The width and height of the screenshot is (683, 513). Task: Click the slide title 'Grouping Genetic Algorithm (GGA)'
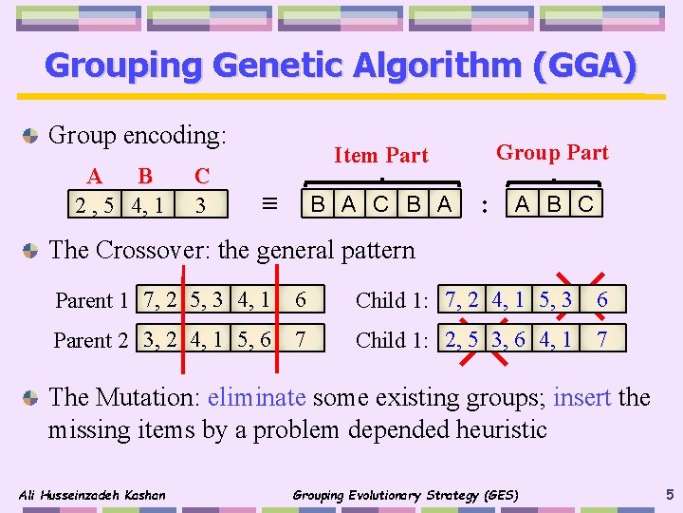341,66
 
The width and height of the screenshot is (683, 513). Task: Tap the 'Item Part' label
381,155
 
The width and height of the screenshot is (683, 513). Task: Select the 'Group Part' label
552,152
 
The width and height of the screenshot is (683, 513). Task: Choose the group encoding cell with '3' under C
200,204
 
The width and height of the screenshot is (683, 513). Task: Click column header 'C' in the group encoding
201,176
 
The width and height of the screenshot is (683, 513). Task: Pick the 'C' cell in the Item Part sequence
380,203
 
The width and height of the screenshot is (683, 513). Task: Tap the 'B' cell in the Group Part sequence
554,203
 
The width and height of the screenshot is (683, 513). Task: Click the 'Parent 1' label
91,300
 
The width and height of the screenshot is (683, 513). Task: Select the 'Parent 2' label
91,340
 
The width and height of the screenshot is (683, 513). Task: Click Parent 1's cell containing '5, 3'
208,299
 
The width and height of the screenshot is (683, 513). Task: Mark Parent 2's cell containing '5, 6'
251,339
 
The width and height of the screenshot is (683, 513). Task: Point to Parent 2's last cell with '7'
300,339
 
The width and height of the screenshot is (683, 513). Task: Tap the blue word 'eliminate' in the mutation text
256,396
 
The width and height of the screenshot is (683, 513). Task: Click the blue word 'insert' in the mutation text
581,396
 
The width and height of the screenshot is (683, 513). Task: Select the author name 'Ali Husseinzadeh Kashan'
92,494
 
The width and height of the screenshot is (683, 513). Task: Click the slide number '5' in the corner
670,493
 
